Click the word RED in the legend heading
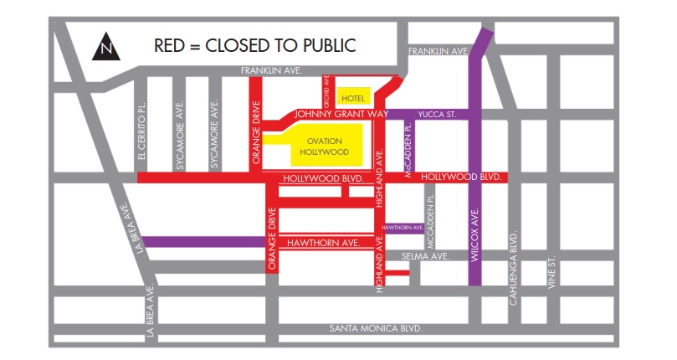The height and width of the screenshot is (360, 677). pos(171,45)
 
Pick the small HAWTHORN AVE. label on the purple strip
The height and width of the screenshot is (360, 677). pos(403,227)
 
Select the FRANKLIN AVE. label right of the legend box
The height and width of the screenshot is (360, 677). pos(438,52)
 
